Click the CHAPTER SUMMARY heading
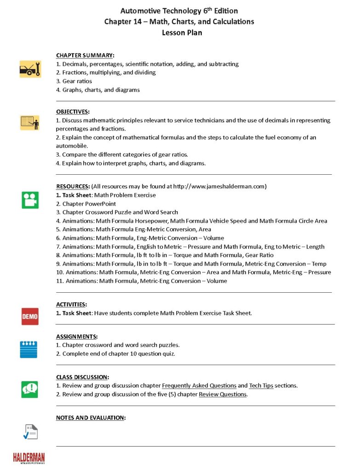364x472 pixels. (x=85, y=55)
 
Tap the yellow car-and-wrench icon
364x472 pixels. (x=30, y=69)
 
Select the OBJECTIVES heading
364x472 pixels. (x=73, y=112)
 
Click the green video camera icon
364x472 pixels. (x=30, y=200)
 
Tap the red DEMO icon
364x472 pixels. (x=30, y=317)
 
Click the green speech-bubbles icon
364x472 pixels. (x=30, y=389)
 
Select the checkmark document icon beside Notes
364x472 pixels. (x=30, y=432)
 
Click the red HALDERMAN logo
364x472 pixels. (x=29, y=457)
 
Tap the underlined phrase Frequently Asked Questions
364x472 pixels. (x=199, y=385)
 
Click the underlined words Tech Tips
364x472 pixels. (x=261, y=385)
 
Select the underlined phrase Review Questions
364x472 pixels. (x=223, y=394)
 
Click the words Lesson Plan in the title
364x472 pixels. (x=182, y=33)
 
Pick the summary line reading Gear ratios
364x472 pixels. (x=77, y=81)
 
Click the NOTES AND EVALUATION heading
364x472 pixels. (x=91, y=418)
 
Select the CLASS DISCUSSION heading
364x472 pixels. (x=82, y=377)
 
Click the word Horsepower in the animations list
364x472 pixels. (x=150, y=221)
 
